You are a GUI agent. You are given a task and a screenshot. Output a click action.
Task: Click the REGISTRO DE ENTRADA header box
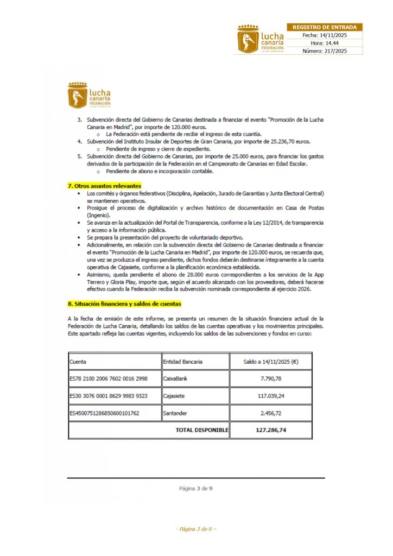tap(325, 27)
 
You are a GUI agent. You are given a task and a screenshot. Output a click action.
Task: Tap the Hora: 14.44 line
tap(325, 43)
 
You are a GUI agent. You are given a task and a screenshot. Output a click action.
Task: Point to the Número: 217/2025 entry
tap(325, 50)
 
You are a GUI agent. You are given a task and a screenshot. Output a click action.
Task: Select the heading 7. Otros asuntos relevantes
tap(104, 186)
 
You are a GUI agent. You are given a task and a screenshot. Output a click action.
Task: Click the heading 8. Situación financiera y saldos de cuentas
tap(124, 304)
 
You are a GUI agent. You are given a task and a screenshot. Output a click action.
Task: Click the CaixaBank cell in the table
tap(175, 378)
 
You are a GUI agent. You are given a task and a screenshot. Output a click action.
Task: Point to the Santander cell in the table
tap(175, 413)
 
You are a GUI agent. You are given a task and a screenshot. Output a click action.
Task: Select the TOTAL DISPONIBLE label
tap(201, 430)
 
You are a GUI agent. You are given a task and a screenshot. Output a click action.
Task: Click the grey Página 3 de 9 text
tap(196, 489)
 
